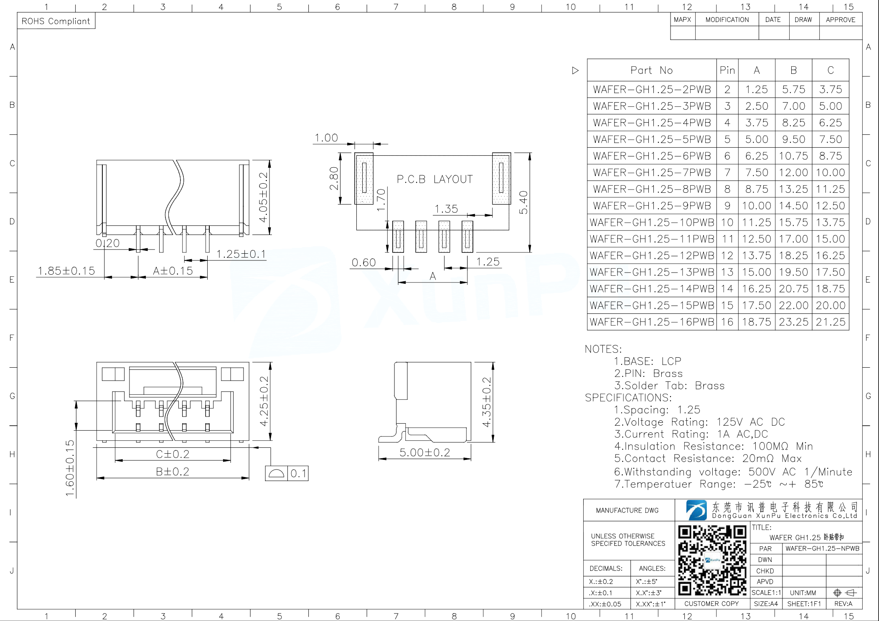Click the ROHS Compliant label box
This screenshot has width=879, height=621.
pyautogui.click(x=56, y=21)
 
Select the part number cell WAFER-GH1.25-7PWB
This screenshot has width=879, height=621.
pyautogui.click(x=652, y=172)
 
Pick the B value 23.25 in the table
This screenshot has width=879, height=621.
pyautogui.click(x=793, y=322)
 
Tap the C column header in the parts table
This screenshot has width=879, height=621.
pyautogui.click(x=830, y=70)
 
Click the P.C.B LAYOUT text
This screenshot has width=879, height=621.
pyautogui.click(x=434, y=179)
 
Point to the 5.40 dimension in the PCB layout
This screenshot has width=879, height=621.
pyautogui.click(x=523, y=202)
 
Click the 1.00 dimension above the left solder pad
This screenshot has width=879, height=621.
pyautogui.click(x=326, y=138)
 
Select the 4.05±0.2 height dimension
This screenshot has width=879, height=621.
pyautogui.click(x=263, y=197)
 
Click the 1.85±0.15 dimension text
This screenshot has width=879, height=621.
pyautogui.click(x=66, y=271)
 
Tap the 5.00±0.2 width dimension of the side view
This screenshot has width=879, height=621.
pyautogui.click(x=424, y=452)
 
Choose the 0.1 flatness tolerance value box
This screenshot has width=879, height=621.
pyautogui.click(x=298, y=473)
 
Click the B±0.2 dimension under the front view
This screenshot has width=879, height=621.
pyautogui.click(x=173, y=472)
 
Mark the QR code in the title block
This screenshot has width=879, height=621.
pyautogui.click(x=712, y=560)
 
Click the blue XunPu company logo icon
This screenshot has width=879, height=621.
pyautogui.click(x=696, y=510)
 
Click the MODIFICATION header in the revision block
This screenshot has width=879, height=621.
pyautogui.click(x=727, y=20)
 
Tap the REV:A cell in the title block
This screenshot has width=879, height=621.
pyautogui.click(x=843, y=603)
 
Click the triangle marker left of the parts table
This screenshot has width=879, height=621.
pyautogui.click(x=575, y=71)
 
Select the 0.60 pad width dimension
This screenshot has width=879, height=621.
pyautogui.click(x=363, y=263)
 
